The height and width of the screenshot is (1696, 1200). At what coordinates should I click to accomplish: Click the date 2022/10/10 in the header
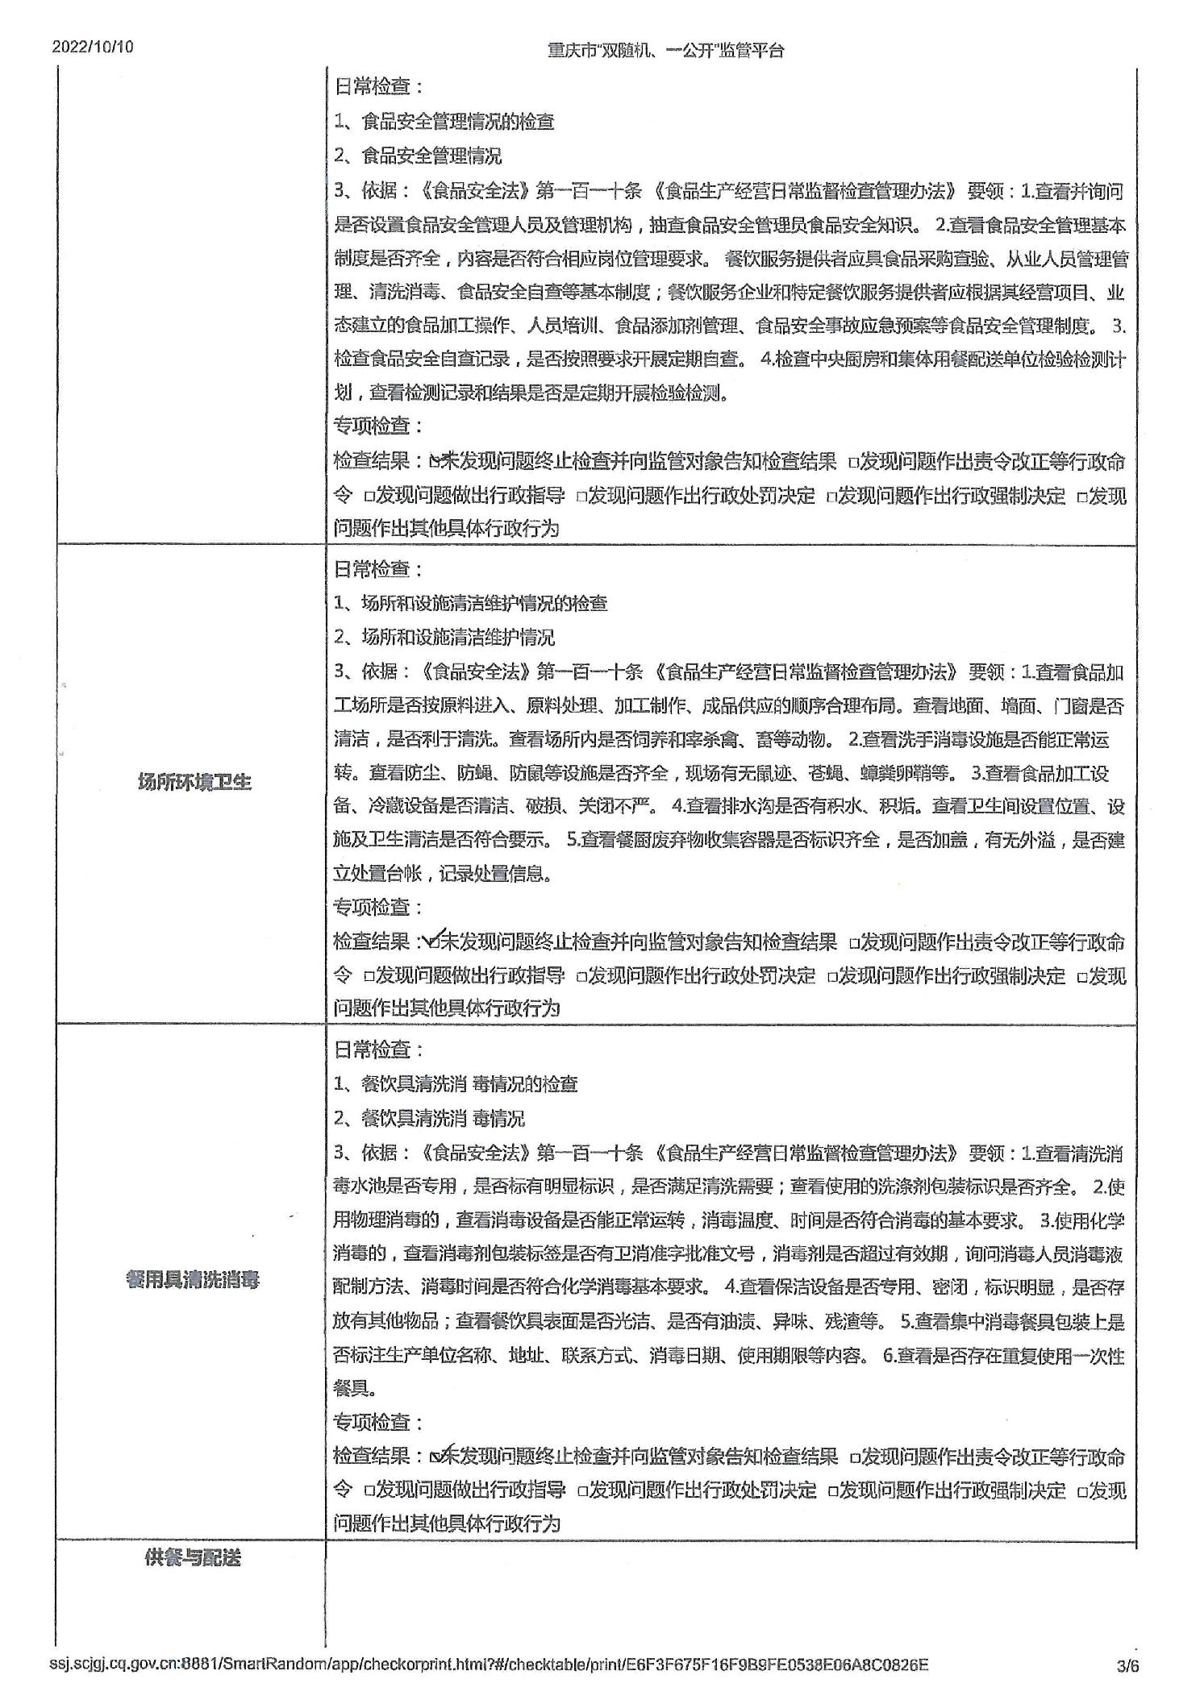pos(93,47)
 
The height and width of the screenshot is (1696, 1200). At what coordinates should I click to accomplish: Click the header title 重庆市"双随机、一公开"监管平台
pos(665,51)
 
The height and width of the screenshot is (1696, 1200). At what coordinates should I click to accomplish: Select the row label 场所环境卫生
pos(194,782)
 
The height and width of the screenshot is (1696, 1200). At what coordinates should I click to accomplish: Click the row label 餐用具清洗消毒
pos(193,1280)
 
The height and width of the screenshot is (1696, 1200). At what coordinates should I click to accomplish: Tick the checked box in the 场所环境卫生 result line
pos(435,942)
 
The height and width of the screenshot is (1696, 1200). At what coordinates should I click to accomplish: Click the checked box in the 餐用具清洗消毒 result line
pos(436,1456)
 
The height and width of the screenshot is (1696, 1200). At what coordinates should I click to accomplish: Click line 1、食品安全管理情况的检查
pos(444,122)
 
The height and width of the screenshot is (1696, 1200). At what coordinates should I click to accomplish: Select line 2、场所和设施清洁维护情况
pos(444,638)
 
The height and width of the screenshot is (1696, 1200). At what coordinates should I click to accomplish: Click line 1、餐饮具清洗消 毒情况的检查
pos(456,1084)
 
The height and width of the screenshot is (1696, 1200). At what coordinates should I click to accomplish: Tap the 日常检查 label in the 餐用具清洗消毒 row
pos(377,1050)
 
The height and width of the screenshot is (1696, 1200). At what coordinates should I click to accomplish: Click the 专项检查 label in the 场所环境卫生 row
pos(377,907)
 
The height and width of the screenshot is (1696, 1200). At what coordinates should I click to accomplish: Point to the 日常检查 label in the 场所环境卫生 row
pos(377,569)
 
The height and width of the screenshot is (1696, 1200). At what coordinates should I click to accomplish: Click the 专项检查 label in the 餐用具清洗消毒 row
pos(377,1422)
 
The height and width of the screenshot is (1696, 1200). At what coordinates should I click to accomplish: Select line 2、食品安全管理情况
pos(418,156)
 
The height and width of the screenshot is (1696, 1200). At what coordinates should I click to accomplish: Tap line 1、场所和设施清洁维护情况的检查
pos(471,603)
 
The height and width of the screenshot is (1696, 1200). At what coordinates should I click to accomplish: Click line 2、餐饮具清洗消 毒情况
pos(429,1118)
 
